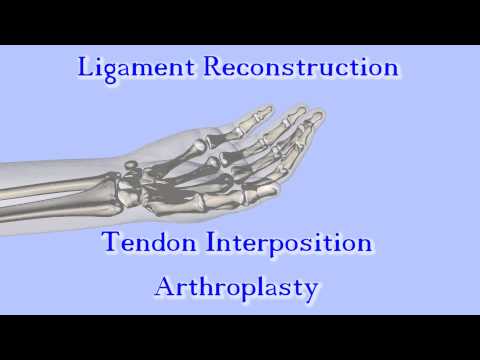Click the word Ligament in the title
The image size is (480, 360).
click(137, 68)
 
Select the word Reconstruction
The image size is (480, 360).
click(300, 68)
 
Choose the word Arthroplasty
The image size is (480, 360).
click(237, 288)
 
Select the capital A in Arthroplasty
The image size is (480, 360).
click(165, 287)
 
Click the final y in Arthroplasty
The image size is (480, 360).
click(311, 291)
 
